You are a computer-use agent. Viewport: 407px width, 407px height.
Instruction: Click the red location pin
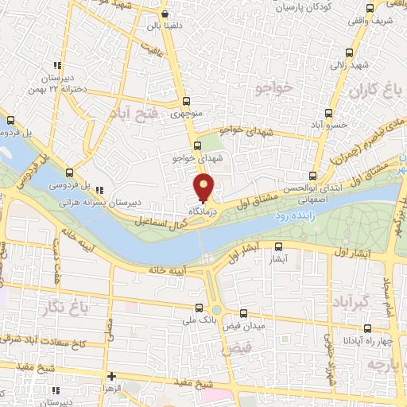[x=204, y=188]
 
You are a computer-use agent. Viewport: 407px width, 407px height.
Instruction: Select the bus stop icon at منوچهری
[x=187, y=101]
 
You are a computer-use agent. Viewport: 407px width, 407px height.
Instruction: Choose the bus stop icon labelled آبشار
[x=278, y=246]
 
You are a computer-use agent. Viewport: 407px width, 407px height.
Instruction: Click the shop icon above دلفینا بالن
[x=164, y=14]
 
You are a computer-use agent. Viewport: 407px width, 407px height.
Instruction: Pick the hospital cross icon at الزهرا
[x=111, y=376]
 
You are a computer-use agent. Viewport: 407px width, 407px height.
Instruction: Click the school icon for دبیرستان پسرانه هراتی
[x=100, y=190]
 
